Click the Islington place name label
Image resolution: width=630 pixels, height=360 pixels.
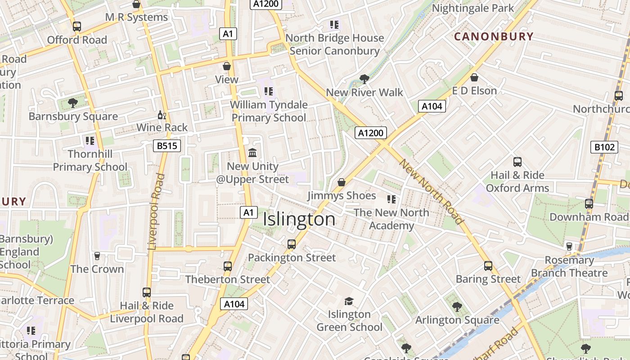coord(299,220)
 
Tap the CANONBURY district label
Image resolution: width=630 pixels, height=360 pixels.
coord(494,37)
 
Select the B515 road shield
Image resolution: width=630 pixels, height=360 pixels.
coord(166,146)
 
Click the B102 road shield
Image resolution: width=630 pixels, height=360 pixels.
coord(604,147)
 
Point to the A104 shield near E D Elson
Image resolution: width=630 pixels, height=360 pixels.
coord(432,106)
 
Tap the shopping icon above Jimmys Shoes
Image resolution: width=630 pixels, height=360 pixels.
coord(342,182)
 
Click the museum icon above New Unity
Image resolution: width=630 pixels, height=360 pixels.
coord(252,153)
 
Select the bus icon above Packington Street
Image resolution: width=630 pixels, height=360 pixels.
coord(292,244)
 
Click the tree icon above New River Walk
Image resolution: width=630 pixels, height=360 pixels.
coord(364,79)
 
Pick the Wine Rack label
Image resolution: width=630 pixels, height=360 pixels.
coord(162,127)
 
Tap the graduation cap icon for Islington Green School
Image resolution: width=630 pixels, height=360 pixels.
coord(349,301)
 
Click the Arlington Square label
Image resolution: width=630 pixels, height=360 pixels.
coord(457,320)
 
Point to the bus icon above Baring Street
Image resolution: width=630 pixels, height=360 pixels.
coord(488,265)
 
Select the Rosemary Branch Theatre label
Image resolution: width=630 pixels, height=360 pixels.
coord(569,266)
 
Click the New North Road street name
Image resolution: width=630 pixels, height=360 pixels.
coord(431,192)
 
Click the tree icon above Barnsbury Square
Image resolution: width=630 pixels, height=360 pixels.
coord(73,103)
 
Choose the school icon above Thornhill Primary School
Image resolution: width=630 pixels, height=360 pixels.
coord(90,141)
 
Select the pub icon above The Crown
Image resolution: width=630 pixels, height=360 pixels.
coord(97,256)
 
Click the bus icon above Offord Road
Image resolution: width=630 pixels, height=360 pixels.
coord(77,27)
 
